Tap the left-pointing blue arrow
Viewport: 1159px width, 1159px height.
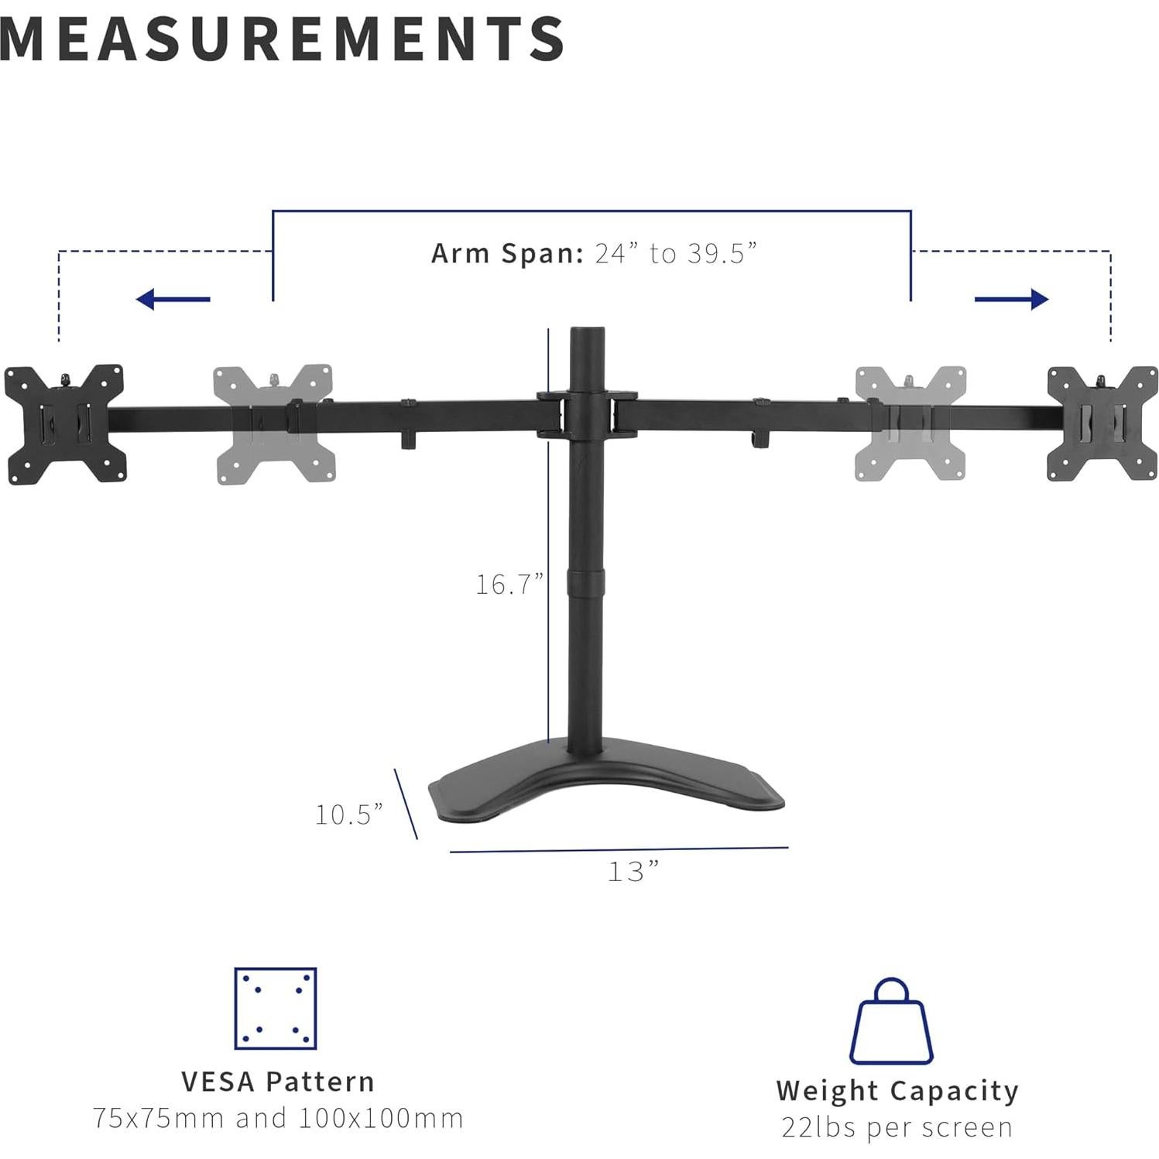pyautogui.click(x=172, y=299)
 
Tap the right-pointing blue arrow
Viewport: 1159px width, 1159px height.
pyautogui.click(x=1011, y=299)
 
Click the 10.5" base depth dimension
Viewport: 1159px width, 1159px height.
pyautogui.click(x=348, y=814)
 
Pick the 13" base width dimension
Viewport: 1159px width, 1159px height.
pyautogui.click(x=633, y=872)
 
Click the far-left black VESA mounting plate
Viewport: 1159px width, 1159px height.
pyautogui.click(x=63, y=423)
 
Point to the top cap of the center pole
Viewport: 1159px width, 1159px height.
pyautogui.click(x=588, y=333)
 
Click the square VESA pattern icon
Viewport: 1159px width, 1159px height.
pyautogui.click(x=275, y=1008)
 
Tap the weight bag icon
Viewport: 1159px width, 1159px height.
pyautogui.click(x=891, y=1022)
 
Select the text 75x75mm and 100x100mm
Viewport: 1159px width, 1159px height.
pyautogui.click(x=278, y=1118)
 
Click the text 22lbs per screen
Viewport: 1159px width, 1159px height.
pyautogui.click(x=897, y=1127)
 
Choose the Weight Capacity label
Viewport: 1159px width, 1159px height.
pyautogui.click(x=897, y=1090)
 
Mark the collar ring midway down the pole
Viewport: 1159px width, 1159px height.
pyautogui.click(x=588, y=582)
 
